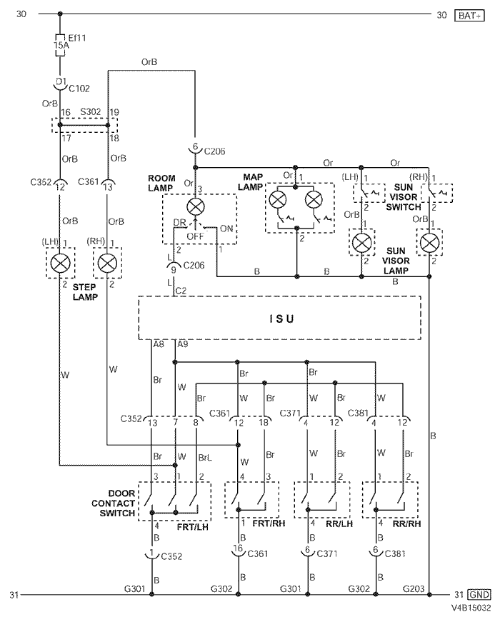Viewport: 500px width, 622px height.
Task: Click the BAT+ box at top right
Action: pos(469,16)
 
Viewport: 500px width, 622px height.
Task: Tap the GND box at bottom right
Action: pos(479,595)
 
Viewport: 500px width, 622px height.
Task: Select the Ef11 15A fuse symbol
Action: pos(60,45)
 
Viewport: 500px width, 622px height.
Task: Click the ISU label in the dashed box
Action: pos(281,318)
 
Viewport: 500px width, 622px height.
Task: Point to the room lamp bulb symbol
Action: pos(196,206)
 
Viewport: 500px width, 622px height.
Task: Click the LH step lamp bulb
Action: pos(60,263)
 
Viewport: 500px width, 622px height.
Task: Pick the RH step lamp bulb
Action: pos(108,263)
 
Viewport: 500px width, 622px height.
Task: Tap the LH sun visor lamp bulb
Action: pos(362,242)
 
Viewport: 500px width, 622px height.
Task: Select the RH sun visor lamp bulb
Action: pos(429,242)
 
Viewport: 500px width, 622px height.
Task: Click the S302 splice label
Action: pos(91,112)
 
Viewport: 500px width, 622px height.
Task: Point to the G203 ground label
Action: pos(414,588)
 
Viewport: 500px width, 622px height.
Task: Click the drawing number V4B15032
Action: pos(471,608)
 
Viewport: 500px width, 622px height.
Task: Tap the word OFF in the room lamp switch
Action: pos(195,236)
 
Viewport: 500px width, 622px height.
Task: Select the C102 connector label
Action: pos(79,89)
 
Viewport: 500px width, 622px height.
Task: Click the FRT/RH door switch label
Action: pos(269,523)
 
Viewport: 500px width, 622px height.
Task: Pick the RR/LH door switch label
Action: pos(339,523)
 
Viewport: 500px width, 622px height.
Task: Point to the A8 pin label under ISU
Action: pos(159,344)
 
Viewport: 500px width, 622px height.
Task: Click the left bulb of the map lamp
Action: pos(278,199)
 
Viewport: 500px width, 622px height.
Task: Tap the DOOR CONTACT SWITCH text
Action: pos(114,503)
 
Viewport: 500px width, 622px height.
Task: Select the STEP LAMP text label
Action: pos(85,291)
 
